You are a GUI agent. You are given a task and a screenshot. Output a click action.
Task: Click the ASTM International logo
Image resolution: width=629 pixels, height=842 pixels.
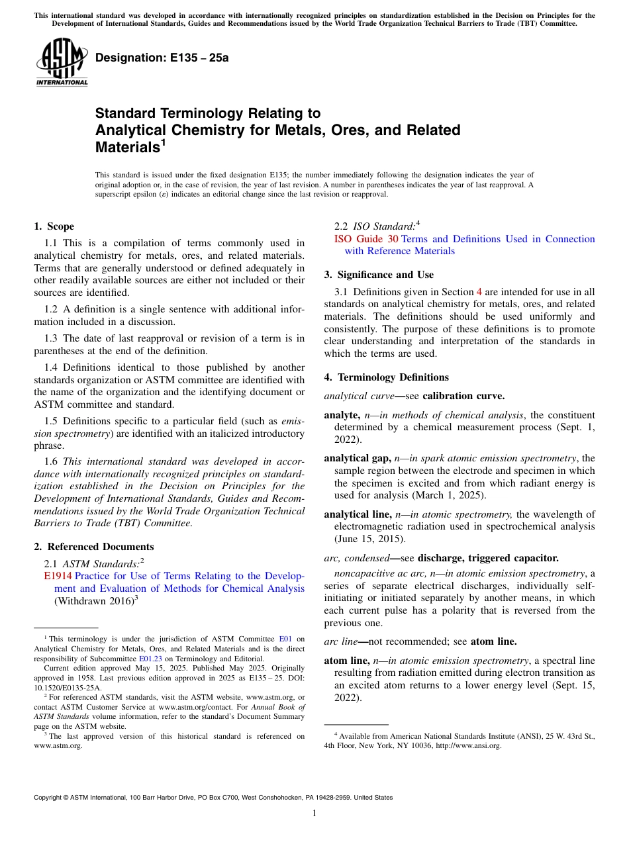coord(62,62)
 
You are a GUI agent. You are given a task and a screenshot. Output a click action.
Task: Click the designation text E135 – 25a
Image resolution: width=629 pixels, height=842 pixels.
coord(162,58)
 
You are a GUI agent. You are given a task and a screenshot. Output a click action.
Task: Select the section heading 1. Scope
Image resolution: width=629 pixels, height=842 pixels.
coord(54,226)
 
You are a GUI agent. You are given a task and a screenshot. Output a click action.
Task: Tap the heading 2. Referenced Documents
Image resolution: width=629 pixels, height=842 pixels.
coord(94,547)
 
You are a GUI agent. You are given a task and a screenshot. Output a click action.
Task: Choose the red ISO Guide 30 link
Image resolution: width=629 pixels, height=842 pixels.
coord(366,239)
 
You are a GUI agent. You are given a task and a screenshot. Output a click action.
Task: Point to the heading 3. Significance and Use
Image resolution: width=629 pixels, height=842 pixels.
coord(379,275)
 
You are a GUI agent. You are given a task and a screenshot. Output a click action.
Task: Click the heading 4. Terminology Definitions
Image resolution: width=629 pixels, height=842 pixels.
coord(386,377)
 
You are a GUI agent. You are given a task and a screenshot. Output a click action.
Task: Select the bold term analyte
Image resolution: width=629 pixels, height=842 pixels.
coord(341,415)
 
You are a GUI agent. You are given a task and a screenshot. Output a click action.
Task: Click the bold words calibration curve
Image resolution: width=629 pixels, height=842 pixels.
coord(463,397)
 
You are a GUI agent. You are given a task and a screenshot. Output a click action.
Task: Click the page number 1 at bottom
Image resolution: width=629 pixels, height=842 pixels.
coord(314,813)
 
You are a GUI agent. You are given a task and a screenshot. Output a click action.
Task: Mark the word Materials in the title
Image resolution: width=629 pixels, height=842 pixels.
coord(127,148)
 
